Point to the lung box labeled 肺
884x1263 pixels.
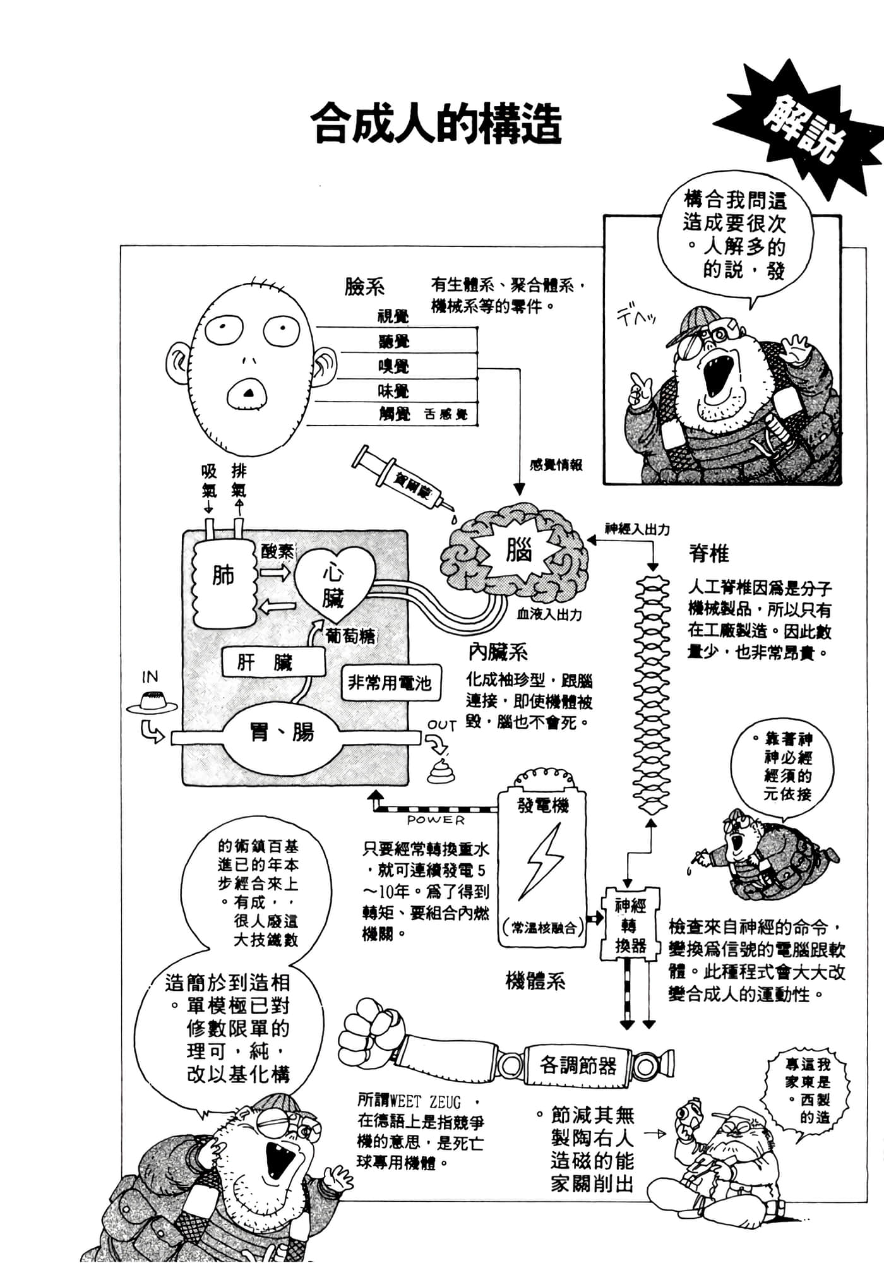pyautogui.click(x=222, y=575)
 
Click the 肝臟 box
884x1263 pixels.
pyautogui.click(x=273, y=662)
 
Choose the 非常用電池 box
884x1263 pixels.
pyautogui.click(x=390, y=683)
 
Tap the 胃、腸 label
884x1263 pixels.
pyautogui.click(x=282, y=733)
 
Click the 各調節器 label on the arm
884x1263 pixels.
pyautogui.click(x=578, y=1066)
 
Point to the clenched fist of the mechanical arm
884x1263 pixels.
pyautogui.click(x=366, y=1032)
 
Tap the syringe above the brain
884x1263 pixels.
pyautogui.click(x=402, y=481)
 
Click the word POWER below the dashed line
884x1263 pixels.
pyautogui.click(x=436, y=820)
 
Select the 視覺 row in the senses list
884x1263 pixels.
pyautogui.click(x=394, y=317)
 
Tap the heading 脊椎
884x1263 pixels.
pyautogui.click(x=708, y=554)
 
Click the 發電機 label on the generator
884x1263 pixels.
pyautogui.click(x=542, y=805)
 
